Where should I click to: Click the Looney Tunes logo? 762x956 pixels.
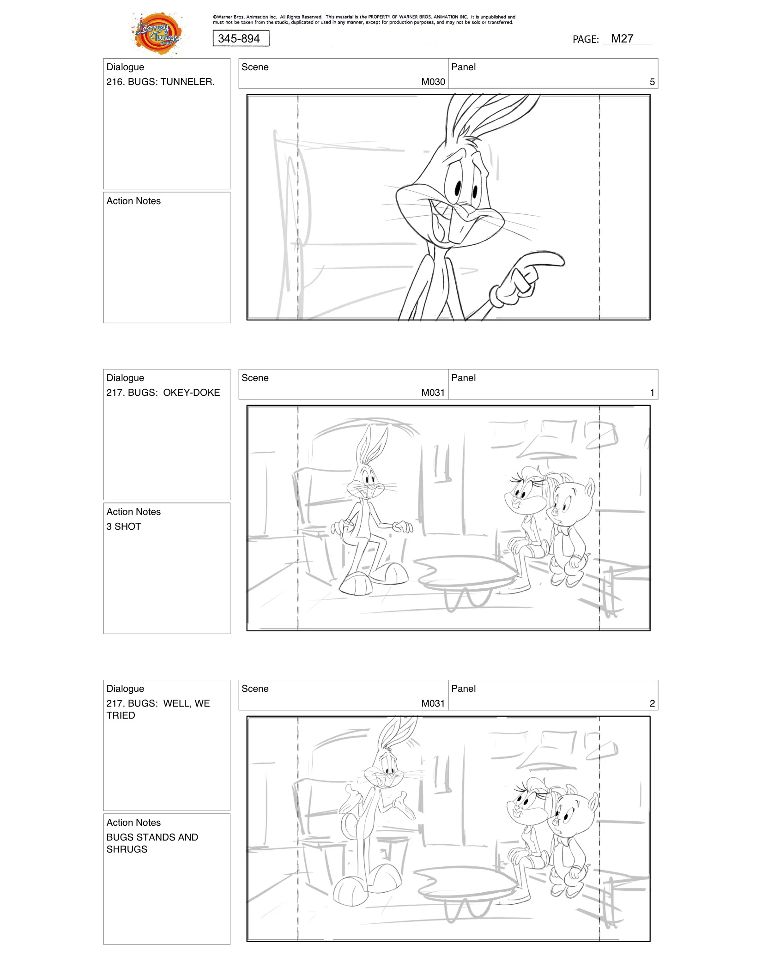pos(157,33)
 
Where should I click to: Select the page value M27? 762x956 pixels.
pos(622,39)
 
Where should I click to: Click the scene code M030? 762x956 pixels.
pos(433,82)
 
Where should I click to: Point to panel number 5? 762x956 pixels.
pos(652,82)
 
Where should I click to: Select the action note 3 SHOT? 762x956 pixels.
pos(124,526)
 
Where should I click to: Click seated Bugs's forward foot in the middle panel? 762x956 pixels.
pos(356,583)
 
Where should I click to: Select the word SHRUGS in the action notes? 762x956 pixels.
pos(127,849)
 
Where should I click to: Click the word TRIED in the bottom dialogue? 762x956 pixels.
pos(121,715)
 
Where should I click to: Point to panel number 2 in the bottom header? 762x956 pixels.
pos(652,703)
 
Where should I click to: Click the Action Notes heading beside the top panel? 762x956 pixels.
pos(133,201)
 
